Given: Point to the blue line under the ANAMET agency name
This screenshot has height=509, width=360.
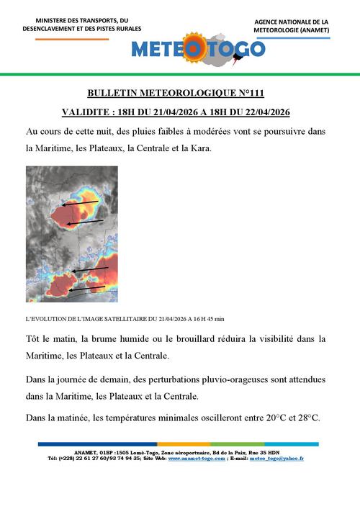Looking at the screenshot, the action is [291, 37].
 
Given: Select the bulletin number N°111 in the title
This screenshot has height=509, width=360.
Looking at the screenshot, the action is [257, 94].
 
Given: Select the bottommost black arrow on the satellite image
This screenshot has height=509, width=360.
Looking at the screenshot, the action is [87, 289].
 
